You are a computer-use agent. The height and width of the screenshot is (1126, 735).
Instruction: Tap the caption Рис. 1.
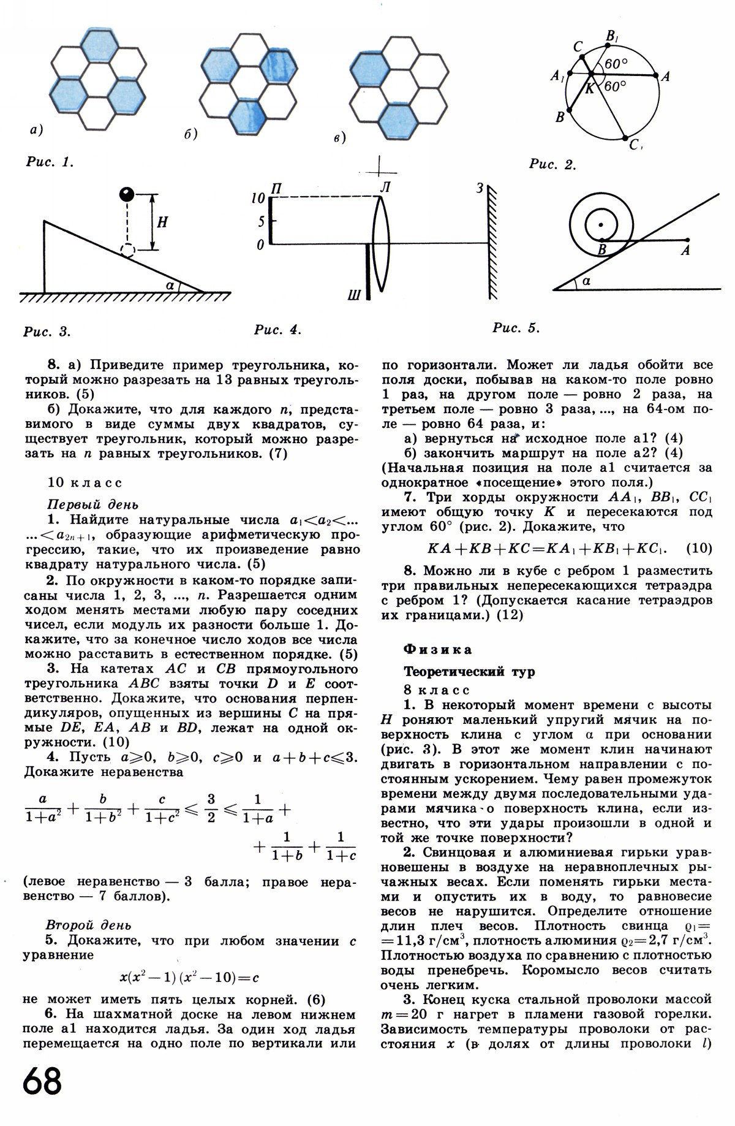pyautogui.click(x=49, y=162)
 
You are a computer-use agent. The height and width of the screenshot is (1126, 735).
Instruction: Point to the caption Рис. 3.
pyautogui.click(x=47, y=332)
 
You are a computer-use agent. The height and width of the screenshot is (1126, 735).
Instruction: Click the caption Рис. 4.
pyautogui.click(x=278, y=330)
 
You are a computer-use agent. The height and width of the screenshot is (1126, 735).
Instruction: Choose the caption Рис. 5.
pyautogui.click(x=516, y=328)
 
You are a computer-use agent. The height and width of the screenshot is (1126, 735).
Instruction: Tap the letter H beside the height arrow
pyautogui.click(x=162, y=223)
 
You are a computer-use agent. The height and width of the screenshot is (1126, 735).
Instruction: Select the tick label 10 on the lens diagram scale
pyautogui.click(x=258, y=198)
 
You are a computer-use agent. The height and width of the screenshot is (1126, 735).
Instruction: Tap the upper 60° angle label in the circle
pyautogui.click(x=616, y=64)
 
